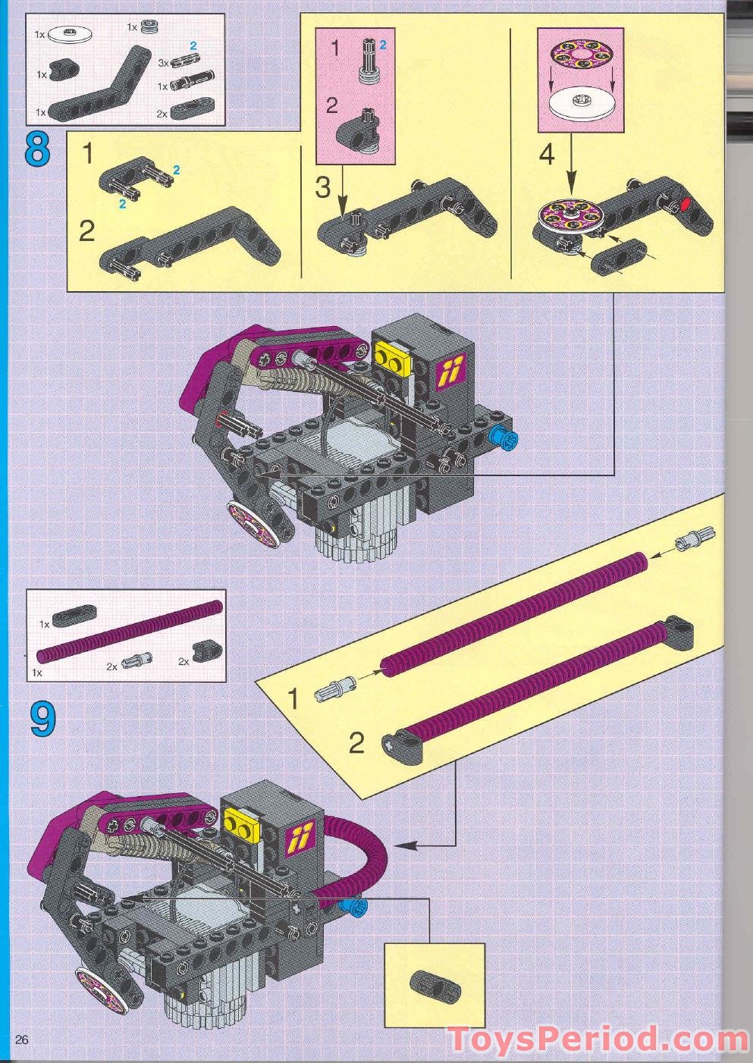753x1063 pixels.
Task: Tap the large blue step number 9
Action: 42,719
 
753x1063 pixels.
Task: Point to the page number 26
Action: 21,1039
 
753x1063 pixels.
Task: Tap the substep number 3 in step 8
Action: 323,187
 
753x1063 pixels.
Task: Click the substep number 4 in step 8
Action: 546,154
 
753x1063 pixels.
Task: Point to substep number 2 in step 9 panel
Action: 356,743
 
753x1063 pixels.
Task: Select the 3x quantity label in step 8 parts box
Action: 163,64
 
